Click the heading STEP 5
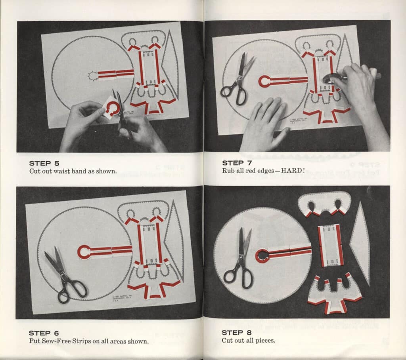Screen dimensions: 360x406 pyautogui.click(x=40, y=163)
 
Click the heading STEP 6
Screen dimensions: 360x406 pyautogui.click(x=40, y=333)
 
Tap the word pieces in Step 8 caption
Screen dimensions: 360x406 pyautogui.click(x=265, y=340)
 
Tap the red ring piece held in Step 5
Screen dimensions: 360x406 pyautogui.click(x=112, y=107)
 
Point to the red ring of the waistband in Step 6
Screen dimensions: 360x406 pyautogui.click(x=84, y=252)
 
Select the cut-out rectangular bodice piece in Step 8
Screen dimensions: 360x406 pyautogui.click(x=330, y=245)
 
